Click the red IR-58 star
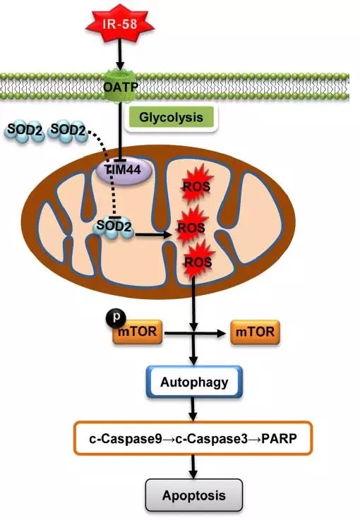119,24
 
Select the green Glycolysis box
172,117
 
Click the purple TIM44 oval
124,171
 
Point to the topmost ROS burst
196,186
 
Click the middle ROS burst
191,227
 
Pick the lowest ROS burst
198,262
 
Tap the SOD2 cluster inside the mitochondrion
114,227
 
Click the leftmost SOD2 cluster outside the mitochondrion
25,131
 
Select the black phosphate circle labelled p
116,318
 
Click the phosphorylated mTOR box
138,332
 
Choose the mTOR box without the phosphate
255,332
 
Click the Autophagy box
194,382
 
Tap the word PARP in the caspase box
279,439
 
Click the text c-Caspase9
126,439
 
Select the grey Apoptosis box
194,495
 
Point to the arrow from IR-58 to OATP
120,54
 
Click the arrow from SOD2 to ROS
154,235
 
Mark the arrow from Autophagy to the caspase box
193,409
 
